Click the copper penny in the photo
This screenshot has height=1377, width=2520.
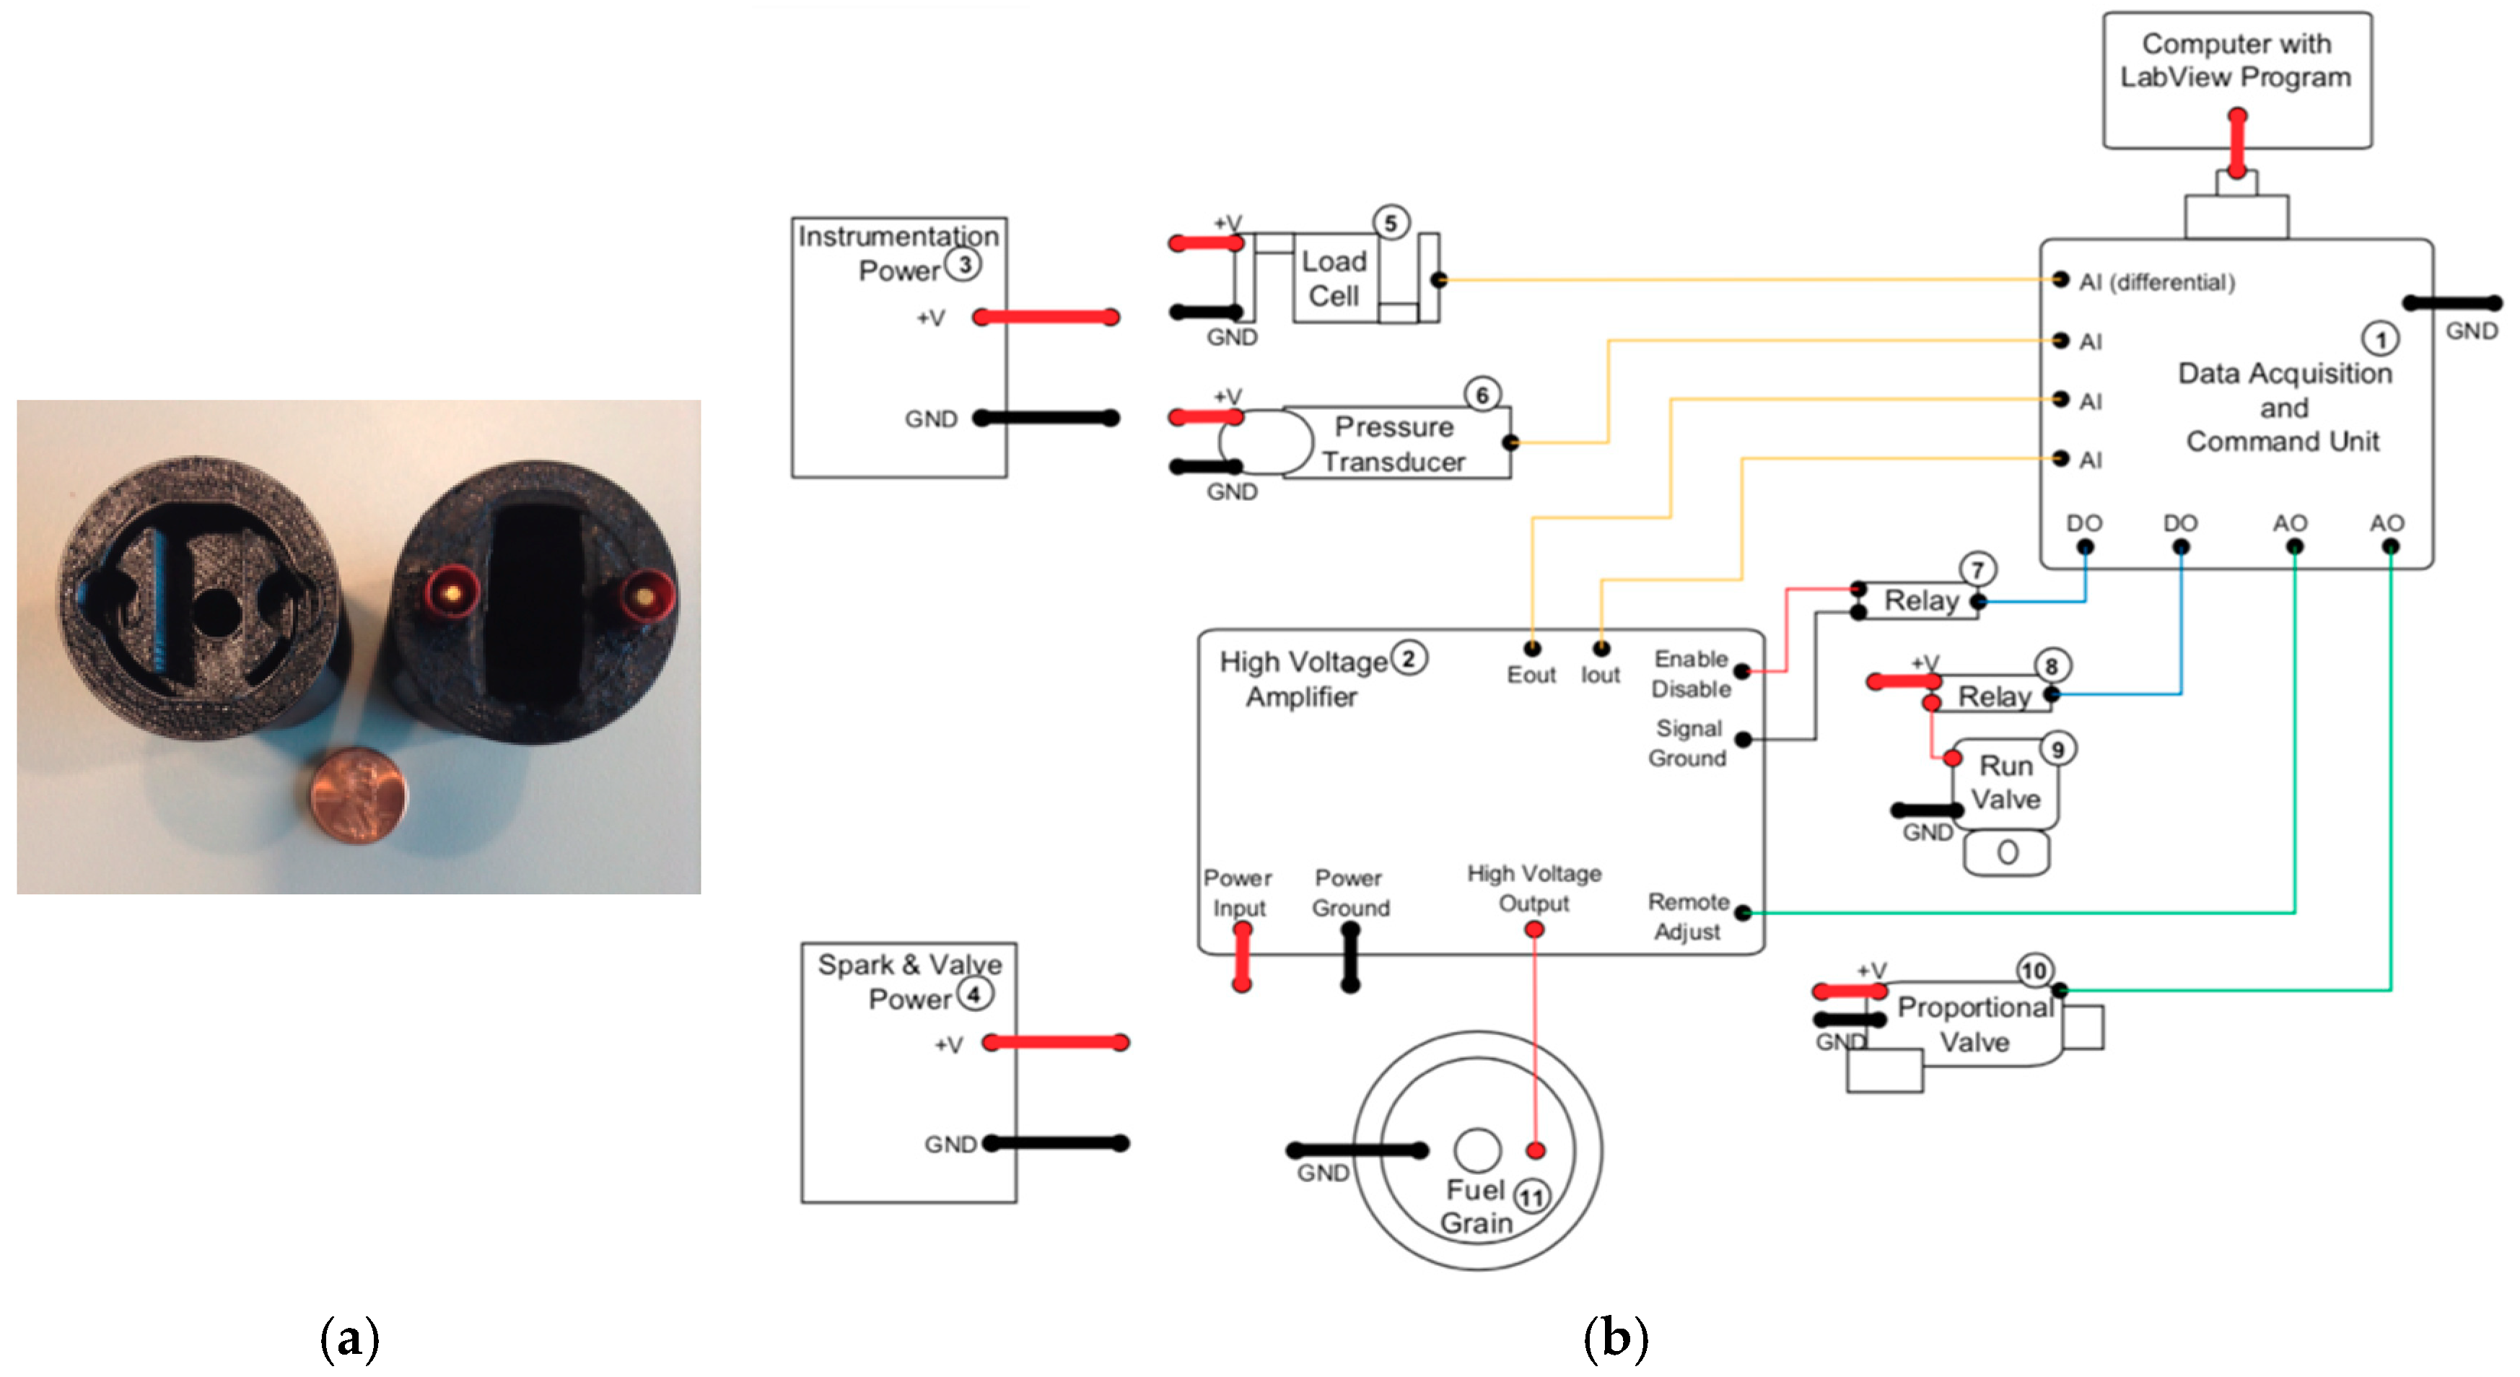358,795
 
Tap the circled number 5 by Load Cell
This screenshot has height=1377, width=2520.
1390,222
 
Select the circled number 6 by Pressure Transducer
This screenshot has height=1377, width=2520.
1482,394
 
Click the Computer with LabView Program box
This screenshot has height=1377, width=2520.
2236,80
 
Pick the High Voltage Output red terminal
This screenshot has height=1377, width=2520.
1534,928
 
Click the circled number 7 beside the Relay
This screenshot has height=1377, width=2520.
1977,569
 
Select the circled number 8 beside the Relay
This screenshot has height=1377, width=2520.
2052,666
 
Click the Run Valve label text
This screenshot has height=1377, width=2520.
2005,782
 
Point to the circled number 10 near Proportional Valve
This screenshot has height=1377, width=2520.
2034,970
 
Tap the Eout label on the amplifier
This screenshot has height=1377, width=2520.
1531,675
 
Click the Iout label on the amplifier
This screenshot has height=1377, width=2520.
1601,675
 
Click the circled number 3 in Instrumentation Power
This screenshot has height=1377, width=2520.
963,264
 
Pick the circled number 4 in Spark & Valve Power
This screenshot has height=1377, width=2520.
974,994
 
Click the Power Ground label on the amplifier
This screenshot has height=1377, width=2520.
1350,892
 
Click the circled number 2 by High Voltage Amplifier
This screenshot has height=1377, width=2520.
1409,658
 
